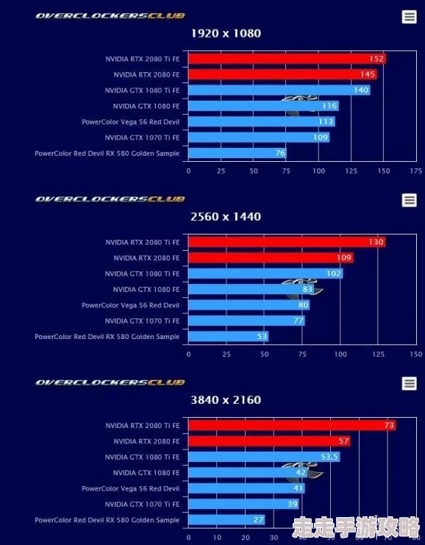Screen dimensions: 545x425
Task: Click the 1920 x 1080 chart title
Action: (x=226, y=33)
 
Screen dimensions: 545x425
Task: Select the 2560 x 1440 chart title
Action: (x=226, y=216)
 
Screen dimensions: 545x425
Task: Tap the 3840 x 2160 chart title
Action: (x=226, y=399)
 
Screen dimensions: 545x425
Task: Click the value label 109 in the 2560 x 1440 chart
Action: (x=344, y=258)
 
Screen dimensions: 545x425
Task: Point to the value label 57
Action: (x=343, y=441)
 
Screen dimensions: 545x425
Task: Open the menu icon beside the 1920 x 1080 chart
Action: (x=410, y=17)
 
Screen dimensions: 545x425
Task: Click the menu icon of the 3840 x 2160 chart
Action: (x=410, y=383)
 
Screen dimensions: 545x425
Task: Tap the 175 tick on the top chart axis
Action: (x=416, y=171)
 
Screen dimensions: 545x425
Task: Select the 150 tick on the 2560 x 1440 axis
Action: (x=416, y=354)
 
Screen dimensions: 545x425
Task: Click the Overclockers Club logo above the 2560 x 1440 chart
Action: (x=110, y=199)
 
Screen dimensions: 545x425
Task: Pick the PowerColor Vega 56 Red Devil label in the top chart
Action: (x=130, y=121)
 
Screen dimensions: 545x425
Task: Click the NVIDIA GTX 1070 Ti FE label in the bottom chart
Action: (x=142, y=504)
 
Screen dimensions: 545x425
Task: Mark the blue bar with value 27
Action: (x=217, y=519)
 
